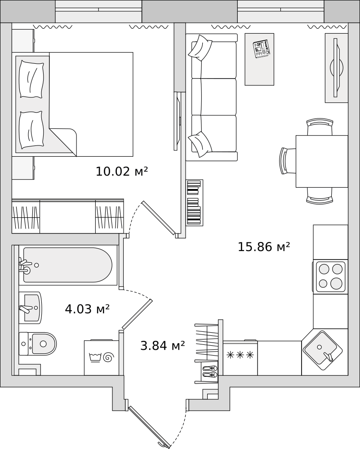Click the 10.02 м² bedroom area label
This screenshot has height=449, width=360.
coord(122,171)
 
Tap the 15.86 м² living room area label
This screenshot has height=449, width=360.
coord(264,247)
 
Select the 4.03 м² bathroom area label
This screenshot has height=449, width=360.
coord(87,309)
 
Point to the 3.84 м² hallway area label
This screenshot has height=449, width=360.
coord(163,346)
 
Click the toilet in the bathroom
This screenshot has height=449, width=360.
coord(38,343)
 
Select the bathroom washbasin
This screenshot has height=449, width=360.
coord(31,308)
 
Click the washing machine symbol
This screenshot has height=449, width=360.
coord(102,357)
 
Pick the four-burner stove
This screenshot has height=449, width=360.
coord(329,276)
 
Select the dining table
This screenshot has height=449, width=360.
coord(322,161)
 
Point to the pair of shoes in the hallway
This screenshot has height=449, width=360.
coord(210,371)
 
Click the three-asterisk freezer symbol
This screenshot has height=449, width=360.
coord(240,355)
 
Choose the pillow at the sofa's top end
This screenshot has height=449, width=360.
coord(200,47)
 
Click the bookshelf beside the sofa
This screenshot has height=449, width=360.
coord(195,202)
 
